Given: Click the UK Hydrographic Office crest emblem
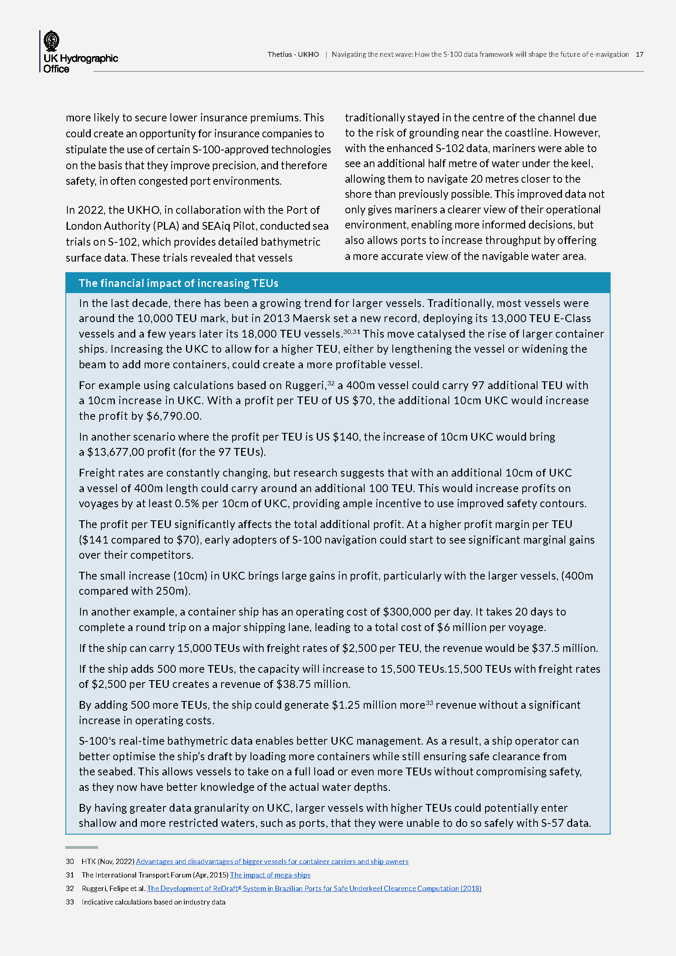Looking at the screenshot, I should point(51,41).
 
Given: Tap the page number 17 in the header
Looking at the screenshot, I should point(639,54).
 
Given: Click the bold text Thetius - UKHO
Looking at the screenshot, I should point(293,54).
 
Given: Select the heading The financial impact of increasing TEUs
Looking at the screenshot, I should point(179,283).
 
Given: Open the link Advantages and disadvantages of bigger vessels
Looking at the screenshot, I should point(272,862).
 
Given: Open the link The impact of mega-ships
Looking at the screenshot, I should point(270,875).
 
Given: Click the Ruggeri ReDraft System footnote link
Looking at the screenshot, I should point(314,888).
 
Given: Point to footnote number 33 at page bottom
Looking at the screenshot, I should point(70,902).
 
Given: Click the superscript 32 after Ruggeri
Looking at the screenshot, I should point(331,383).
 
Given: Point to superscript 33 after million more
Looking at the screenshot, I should point(430,703).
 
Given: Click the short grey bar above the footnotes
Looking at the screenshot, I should point(82,847).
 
